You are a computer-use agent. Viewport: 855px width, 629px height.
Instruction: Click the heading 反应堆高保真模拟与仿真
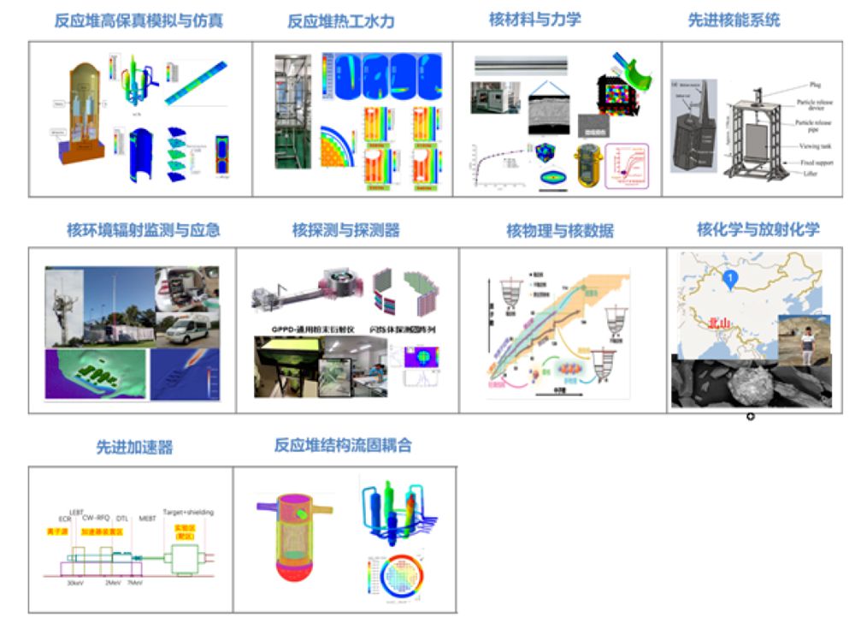tap(139, 21)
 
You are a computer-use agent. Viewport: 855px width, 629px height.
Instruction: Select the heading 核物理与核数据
tap(560, 230)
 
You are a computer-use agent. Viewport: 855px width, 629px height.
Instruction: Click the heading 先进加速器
tap(134, 448)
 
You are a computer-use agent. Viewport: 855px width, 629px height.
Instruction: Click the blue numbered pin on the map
tap(728, 277)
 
